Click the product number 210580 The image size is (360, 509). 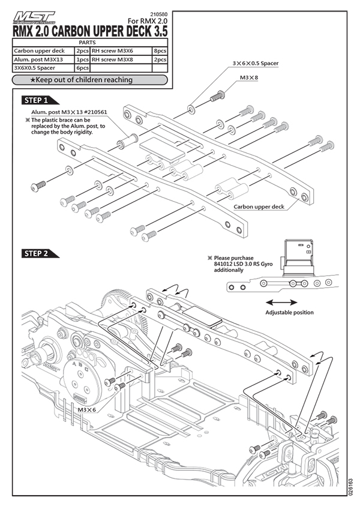pos(157,14)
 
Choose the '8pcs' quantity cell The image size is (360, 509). pos(160,52)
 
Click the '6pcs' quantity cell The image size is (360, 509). pos(82,68)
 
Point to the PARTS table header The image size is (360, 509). pos(91,43)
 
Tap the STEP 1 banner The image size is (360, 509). pos(39,100)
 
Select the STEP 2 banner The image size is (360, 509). pos(39,253)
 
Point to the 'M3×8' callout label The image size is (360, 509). pos(248,78)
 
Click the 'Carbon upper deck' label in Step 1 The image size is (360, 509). pos(259,206)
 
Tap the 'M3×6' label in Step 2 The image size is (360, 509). pos(88,409)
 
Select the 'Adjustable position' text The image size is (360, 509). pos(289,313)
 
